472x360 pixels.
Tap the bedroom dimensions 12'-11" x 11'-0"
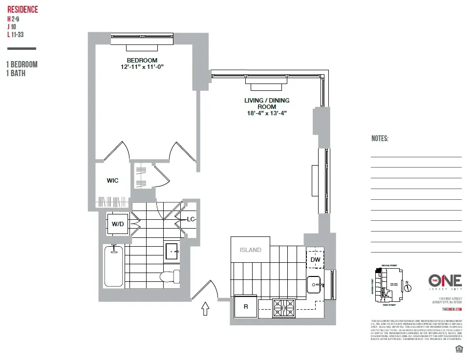click(142, 67)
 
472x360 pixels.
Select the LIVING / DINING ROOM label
click(267, 104)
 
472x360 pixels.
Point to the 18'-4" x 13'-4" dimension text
click(266, 113)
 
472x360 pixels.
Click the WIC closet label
click(112, 180)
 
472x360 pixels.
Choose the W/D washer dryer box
click(118, 224)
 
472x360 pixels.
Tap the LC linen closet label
click(191, 219)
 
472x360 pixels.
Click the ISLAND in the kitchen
click(250, 250)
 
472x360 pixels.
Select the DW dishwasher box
click(316, 259)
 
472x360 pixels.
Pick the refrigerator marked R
click(245, 307)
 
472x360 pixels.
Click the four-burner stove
click(284, 308)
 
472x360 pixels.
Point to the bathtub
click(114, 267)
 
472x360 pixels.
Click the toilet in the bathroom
click(168, 276)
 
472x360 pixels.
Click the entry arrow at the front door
click(206, 309)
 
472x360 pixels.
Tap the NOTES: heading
click(380, 139)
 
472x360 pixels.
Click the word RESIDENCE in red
click(22, 10)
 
